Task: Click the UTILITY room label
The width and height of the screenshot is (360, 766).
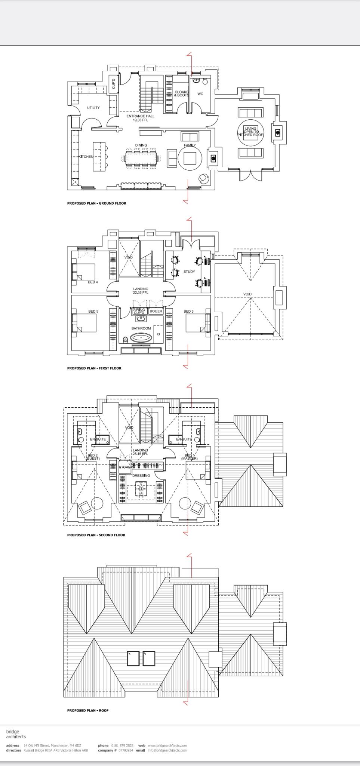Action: click(93, 108)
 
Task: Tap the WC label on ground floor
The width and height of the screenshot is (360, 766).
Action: click(200, 94)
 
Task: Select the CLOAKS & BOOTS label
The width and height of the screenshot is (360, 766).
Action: click(182, 94)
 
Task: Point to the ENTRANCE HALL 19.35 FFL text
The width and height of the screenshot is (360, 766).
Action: click(140, 118)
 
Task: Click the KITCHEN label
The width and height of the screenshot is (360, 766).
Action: click(86, 157)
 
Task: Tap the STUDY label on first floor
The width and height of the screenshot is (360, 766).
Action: click(189, 272)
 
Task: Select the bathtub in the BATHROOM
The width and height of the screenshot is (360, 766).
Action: click(141, 338)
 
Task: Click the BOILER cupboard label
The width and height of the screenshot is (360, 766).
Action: click(156, 311)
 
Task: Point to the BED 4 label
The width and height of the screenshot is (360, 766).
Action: click(93, 282)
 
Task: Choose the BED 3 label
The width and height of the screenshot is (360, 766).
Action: click(188, 311)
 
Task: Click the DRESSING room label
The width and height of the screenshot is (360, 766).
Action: click(141, 476)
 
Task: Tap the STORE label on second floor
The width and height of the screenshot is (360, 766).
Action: click(124, 467)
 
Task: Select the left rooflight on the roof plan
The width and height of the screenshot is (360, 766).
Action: click(133, 658)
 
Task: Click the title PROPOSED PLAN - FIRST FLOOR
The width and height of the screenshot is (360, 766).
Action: click(94, 368)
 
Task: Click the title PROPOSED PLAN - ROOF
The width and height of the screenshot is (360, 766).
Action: click(88, 710)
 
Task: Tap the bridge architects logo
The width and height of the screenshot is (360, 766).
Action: click(16, 734)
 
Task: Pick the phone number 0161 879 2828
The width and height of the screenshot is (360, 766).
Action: click(122, 745)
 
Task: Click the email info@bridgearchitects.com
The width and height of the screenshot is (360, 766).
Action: click(167, 750)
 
